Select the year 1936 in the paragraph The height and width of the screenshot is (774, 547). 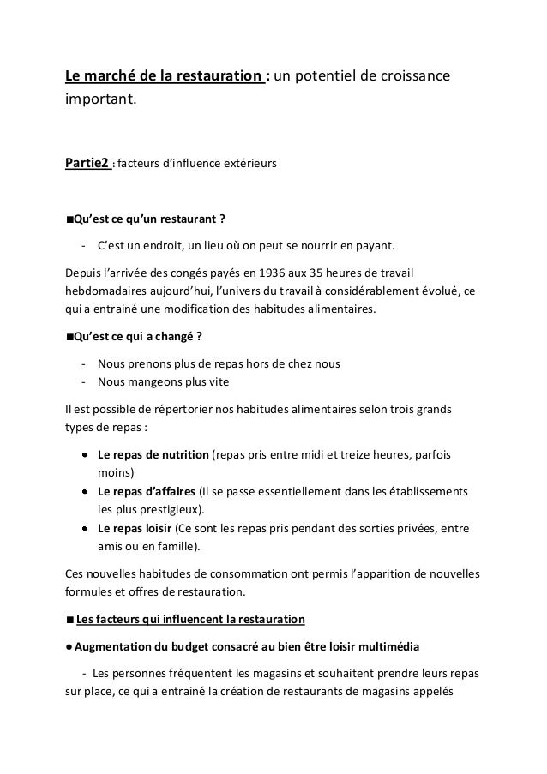pyautogui.click(x=273, y=273)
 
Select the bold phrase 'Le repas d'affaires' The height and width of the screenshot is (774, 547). pyautogui.click(x=147, y=492)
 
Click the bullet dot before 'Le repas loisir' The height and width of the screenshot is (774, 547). pyautogui.click(x=87, y=530)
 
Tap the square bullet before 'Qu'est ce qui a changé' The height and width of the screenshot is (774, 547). pyautogui.click(x=69, y=335)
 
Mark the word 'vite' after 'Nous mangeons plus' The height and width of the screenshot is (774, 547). pyautogui.click(x=218, y=382)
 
